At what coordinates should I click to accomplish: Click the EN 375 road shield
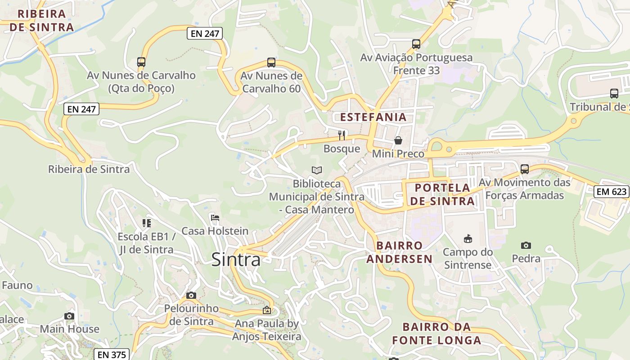[x=112, y=355]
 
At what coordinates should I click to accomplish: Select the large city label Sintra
[x=236, y=260]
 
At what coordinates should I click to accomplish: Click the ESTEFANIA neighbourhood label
[x=373, y=117]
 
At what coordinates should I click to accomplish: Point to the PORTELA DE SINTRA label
[x=442, y=194]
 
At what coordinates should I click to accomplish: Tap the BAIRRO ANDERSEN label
[x=399, y=252]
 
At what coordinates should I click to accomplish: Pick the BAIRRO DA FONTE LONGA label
[x=436, y=333]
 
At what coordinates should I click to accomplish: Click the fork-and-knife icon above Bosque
[x=342, y=135]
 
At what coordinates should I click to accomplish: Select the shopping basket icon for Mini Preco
[x=398, y=140]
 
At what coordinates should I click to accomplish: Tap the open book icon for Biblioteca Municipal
[x=317, y=170]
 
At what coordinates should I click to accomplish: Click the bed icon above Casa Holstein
[x=215, y=218]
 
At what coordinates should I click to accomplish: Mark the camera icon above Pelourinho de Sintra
[x=191, y=295]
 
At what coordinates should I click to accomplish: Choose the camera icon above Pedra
[x=526, y=245]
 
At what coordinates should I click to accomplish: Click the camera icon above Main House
[x=69, y=316]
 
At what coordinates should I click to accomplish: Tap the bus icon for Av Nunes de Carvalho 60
[x=271, y=63]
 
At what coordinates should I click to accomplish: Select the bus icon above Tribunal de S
[x=614, y=94]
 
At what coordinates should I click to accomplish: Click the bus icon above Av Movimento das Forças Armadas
[x=525, y=169]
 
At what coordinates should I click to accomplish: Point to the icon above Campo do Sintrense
[x=468, y=238]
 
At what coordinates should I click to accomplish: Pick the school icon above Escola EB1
[x=146, y=223]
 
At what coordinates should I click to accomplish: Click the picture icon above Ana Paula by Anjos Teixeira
[x=267, y=310]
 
